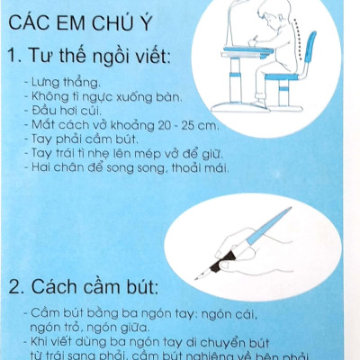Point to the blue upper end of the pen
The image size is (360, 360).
point(286,217)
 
